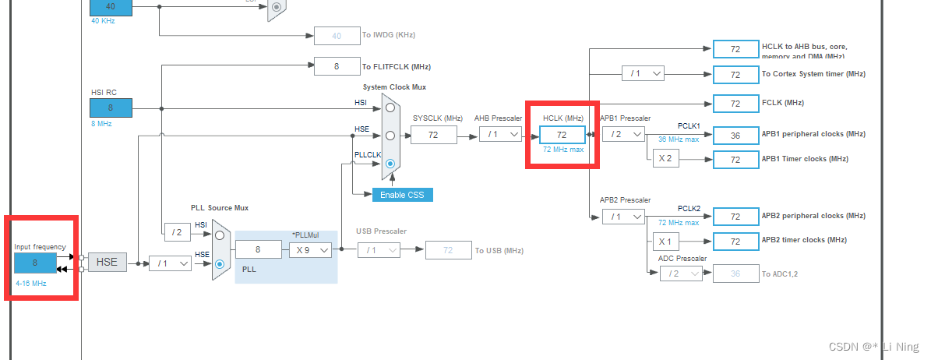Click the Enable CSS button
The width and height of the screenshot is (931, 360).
point(402,194)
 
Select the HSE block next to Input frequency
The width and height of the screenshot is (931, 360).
point(107,263)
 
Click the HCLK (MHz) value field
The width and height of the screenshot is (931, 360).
point(561,134)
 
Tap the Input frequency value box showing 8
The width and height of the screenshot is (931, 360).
point(35,263)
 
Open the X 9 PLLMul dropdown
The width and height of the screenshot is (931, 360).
point(311,250)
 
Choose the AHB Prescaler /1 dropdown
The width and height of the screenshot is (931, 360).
point(499,134)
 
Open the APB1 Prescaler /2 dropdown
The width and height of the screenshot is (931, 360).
point(623,134)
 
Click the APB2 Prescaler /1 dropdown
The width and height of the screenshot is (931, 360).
point(623,216)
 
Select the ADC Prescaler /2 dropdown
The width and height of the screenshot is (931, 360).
point(680,273)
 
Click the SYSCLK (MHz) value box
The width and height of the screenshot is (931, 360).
point(434,135)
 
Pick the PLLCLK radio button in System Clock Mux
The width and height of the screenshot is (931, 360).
point(390,164)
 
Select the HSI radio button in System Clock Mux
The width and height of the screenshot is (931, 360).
point(390,108)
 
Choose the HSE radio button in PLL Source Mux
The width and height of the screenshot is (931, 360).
point(220,264)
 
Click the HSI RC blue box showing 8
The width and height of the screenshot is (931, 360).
point(110,108)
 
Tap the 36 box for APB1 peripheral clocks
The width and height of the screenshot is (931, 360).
point(735,134)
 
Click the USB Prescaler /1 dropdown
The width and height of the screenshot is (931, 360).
point(379,250)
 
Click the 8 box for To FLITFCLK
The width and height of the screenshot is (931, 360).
point(337,66)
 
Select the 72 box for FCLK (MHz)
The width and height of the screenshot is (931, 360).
point(735,103)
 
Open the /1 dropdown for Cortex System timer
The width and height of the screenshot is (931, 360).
point(643,73)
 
